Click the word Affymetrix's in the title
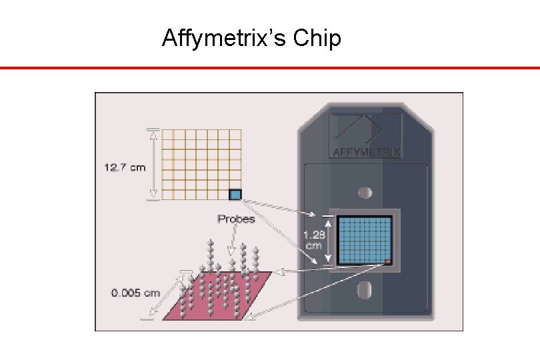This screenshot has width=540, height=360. tap(225, 39)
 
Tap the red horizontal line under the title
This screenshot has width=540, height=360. tap(269, 67)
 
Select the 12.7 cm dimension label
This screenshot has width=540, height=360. tap(124, 167)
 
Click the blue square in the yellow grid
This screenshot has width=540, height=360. tap(235, 195)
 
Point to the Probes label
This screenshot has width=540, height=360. tap(236, 219)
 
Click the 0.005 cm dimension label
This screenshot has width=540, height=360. tap(136, 292)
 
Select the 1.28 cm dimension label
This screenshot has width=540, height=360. tap(314, 240)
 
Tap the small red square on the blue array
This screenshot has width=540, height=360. tap(387, 261)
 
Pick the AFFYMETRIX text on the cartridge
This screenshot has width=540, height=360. tap(367, 151)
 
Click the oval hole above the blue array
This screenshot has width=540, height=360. tap(365, 193)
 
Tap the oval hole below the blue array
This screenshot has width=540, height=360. tap(365, 289)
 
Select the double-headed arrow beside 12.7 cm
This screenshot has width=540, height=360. tap(153, 163)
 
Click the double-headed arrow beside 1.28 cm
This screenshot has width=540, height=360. tap(329, 240)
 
